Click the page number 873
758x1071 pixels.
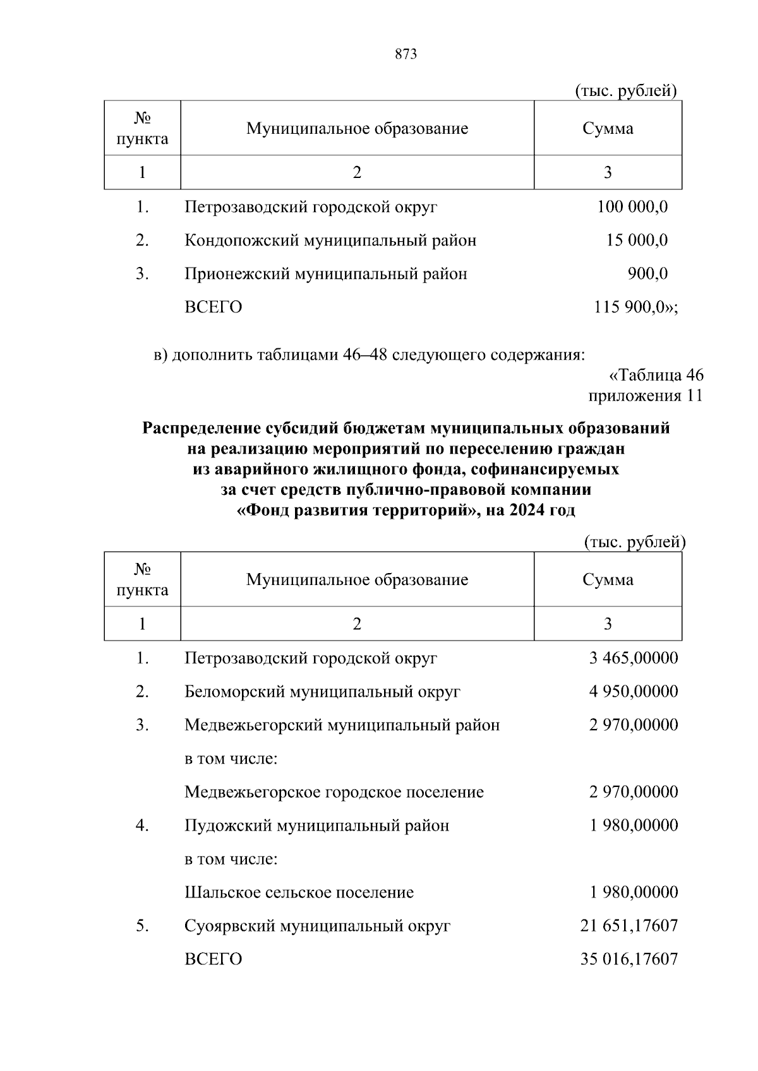click(406, 54)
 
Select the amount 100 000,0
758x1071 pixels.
click(632, 207)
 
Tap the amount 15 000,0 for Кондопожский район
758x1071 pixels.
click(637, 240)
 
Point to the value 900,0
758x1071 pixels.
click(647, 274)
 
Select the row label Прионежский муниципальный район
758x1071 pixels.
click(326, 274)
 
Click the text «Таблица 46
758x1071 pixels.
click(656, 376)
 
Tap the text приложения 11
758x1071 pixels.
click(646, 396)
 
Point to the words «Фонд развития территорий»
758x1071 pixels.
click(356, 510)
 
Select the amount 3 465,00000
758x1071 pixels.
click(634, 658)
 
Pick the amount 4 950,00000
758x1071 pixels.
click(634, 692)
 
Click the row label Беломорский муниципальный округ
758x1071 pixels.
click(322, 692)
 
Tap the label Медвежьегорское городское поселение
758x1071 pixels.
click(334, 792)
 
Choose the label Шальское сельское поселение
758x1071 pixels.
click(299, 892)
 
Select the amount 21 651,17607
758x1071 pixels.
click(629, 926)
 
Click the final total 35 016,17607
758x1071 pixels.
click(629, 959)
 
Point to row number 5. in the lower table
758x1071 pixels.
click(142, 926)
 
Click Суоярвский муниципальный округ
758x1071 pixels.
click(318, 926)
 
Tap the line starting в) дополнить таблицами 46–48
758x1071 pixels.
click(370, 355)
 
